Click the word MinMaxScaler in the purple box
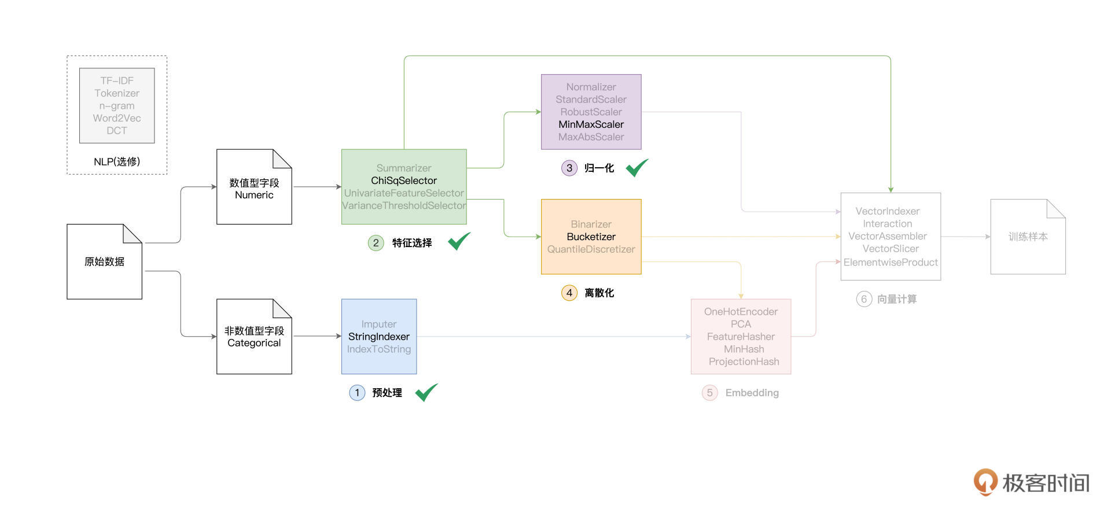591,124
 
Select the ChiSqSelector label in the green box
404,181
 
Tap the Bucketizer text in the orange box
591,237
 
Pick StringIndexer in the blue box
378,337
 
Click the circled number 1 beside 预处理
357,393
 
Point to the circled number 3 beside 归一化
569,168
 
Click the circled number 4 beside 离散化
569,293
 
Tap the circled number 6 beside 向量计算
863,299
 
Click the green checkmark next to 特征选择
459,241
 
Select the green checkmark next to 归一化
637,168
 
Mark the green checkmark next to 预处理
426,392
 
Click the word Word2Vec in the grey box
117,118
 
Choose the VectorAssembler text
887,236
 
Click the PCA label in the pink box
741,324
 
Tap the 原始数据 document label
104,261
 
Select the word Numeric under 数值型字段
254,195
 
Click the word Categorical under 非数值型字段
254,343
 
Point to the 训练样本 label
1028,237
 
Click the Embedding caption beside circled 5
752,393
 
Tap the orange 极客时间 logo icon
985,481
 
